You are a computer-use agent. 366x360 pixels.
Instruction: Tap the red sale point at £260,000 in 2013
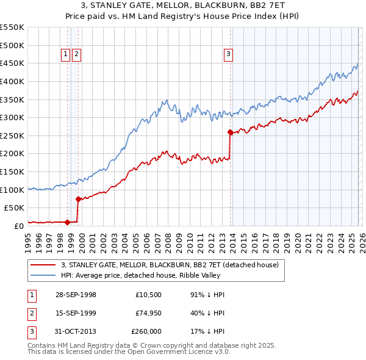tap(230, 132)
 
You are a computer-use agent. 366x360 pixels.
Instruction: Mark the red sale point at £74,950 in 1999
tap(78, 199)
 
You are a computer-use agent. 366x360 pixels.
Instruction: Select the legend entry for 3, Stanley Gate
tap(170, 265)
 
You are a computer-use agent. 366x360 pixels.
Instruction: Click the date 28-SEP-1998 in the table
tap(76, 295)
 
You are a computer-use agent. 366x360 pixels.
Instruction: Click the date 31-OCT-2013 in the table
tap(76, 331)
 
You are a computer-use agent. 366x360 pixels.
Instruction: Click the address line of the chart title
tap(183, 5)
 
